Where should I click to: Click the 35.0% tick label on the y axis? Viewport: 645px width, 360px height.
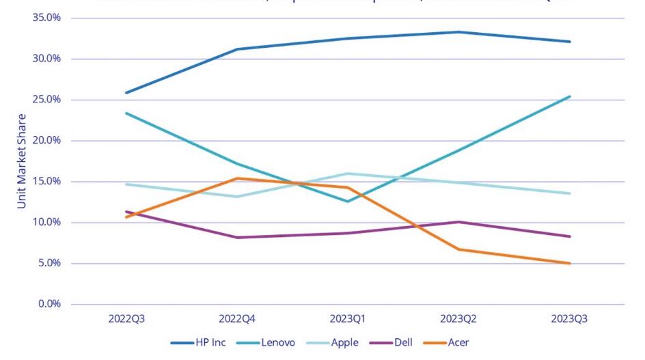[46, 18]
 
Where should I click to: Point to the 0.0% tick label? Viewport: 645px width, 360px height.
[49, 304]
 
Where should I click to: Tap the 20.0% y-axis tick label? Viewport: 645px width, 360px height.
[46, 141]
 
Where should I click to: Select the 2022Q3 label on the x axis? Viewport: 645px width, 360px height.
[126, 319]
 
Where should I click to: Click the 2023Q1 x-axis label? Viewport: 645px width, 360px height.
[348, 319]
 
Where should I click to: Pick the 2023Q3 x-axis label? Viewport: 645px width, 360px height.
[569, 319]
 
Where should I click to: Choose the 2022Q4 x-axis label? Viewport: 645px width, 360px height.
[237, 319]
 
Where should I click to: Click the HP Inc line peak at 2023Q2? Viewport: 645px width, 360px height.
[459, 32]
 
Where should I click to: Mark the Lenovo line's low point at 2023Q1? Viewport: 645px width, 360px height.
[348, 202]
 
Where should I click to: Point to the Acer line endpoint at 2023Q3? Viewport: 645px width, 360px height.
[569, 263]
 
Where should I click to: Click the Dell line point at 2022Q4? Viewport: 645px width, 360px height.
[237, 238]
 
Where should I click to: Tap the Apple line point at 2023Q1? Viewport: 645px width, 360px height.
[348, 174]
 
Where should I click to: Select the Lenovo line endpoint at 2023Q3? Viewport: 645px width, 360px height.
[569, 96]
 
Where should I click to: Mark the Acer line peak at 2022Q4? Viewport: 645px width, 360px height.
[237, 178]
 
